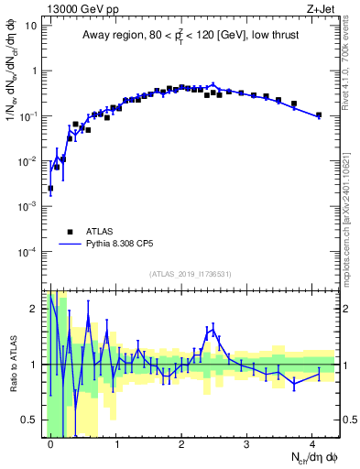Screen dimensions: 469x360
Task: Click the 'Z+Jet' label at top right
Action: [x=322, y=8]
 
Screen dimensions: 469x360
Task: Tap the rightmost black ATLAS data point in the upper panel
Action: [x=319, y=115]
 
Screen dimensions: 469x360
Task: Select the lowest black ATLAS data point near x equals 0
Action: [x=50, y=188]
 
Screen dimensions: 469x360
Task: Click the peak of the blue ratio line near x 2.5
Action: [x=213, y=328]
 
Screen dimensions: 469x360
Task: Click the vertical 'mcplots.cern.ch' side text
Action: [x=351, y=220]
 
